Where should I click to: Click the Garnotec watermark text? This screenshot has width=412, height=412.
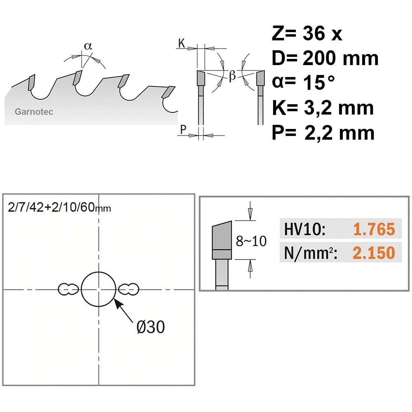[34, 112]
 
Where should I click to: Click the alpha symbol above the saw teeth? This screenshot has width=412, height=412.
[88, 46]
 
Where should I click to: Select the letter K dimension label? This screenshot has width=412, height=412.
[182, 43]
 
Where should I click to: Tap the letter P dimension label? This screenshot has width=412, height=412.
[183, 129]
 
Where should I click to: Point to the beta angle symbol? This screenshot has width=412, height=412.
[232, 76]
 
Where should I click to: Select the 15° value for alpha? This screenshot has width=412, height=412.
[319, 83]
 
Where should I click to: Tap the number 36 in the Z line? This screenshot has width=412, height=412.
[314, 33]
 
